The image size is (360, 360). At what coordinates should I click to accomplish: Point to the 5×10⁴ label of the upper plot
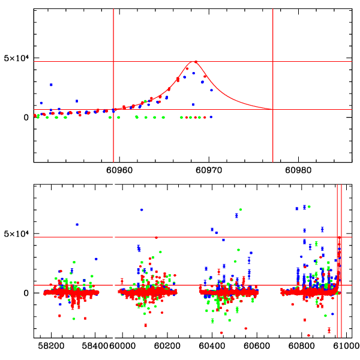16,58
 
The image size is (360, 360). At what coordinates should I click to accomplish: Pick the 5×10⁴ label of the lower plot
16,234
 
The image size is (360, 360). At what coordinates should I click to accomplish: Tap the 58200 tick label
52,347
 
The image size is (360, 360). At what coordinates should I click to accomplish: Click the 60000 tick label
125,347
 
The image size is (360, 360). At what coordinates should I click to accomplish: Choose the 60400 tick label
212,347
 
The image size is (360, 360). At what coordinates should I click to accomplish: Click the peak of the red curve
195,61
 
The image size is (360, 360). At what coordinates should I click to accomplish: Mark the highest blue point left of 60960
51,85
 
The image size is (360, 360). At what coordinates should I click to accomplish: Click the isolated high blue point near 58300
77,224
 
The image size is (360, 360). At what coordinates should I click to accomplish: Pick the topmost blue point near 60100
142,210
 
